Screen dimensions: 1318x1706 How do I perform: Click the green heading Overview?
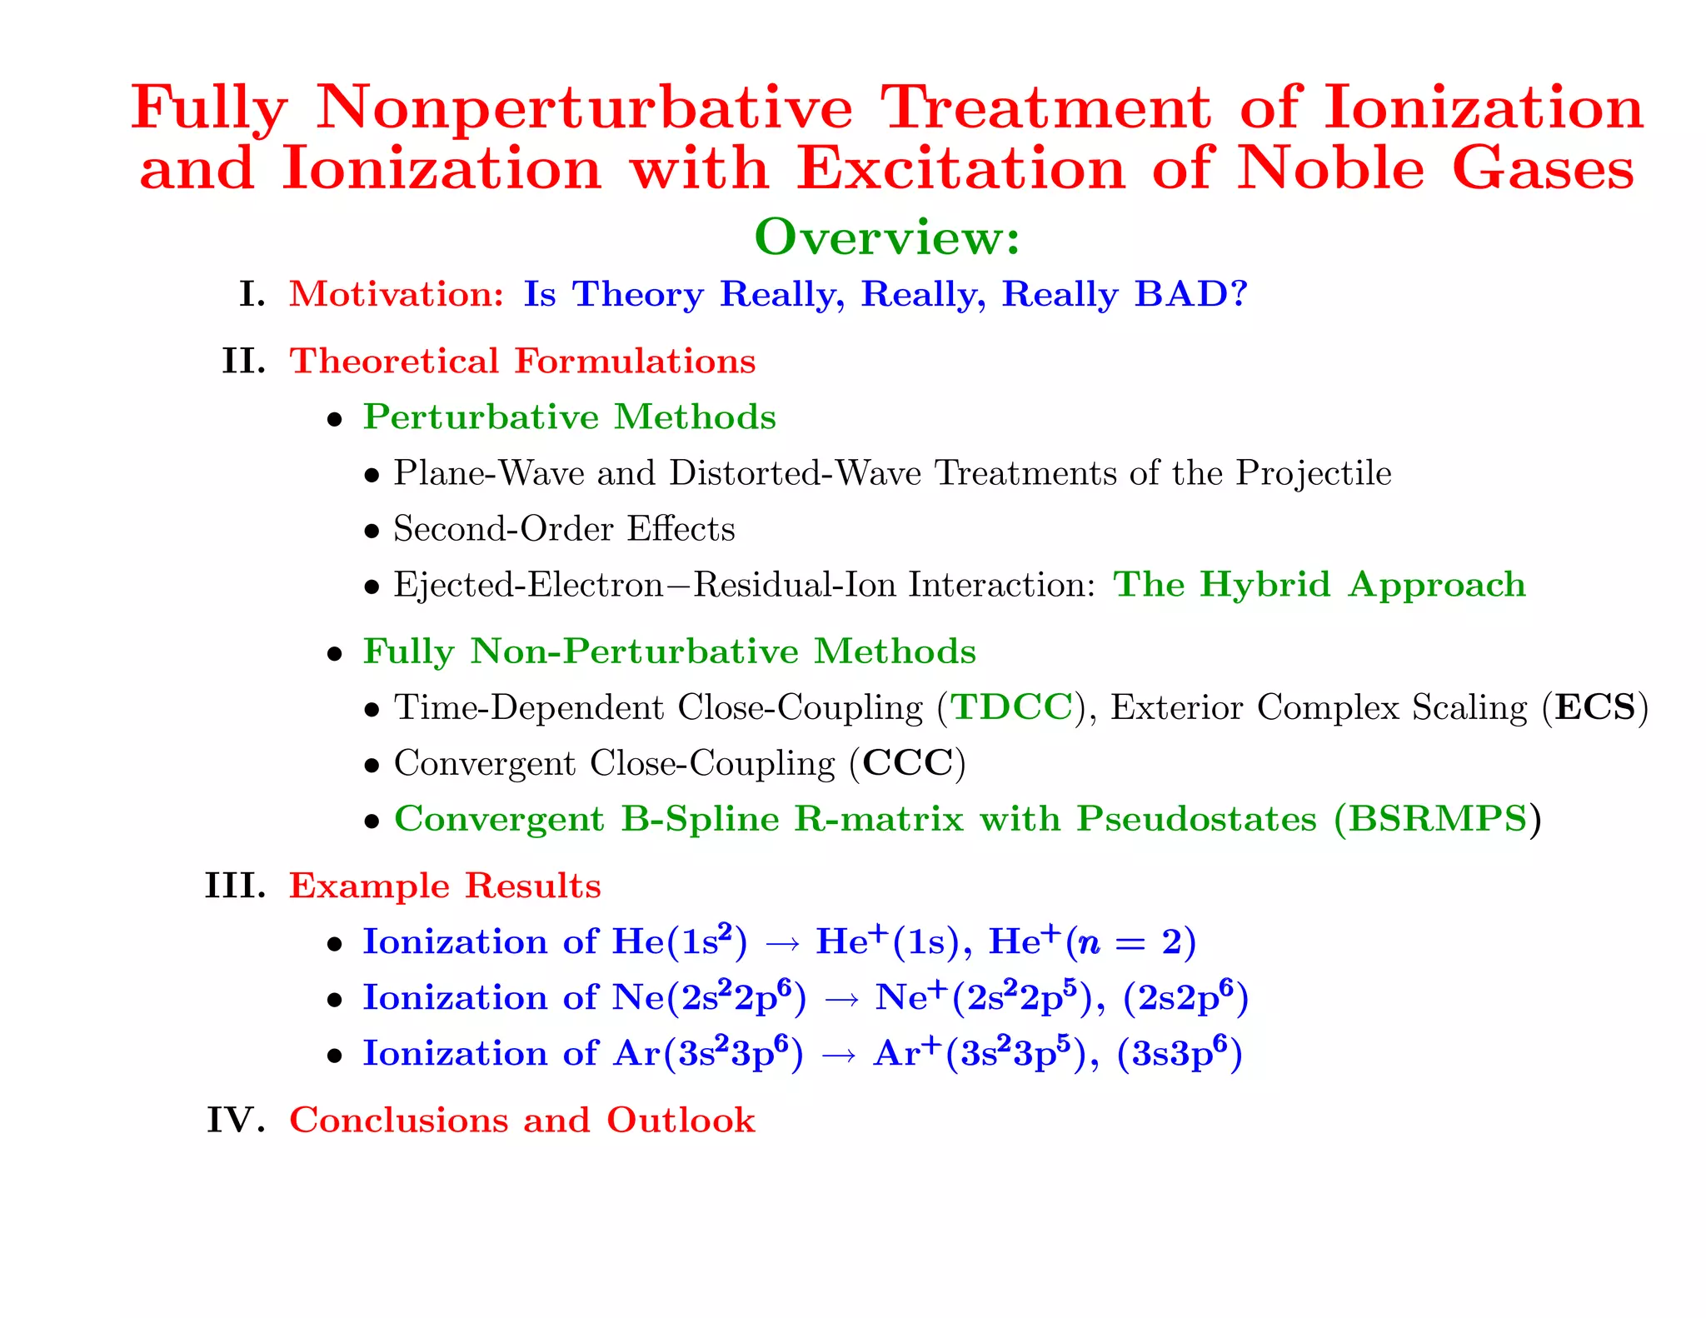[x=886, y=237]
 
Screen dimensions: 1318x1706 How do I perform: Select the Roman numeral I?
[x=251, y=294]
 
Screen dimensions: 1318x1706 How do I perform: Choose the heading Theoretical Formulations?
[x=522, y=362]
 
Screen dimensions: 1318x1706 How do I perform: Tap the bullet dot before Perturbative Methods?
[x=335, y=420]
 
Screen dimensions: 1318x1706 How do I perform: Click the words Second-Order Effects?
[x=564, y=529]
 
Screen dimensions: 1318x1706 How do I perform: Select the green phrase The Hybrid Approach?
[x=1319, y=585]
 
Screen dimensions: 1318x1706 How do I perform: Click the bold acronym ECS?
[x=1595, y=707]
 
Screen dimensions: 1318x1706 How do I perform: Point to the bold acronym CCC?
[x=907, y=763]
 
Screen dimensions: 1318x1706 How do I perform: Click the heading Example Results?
[x=445, y=886]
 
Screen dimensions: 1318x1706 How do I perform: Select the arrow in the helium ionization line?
[x=781, y=943]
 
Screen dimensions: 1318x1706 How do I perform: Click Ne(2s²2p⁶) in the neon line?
[x=709, y=997]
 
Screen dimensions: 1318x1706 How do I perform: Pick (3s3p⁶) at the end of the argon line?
[x=1179, y=1053]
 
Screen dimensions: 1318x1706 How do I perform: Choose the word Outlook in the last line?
[x=681, y=1120]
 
